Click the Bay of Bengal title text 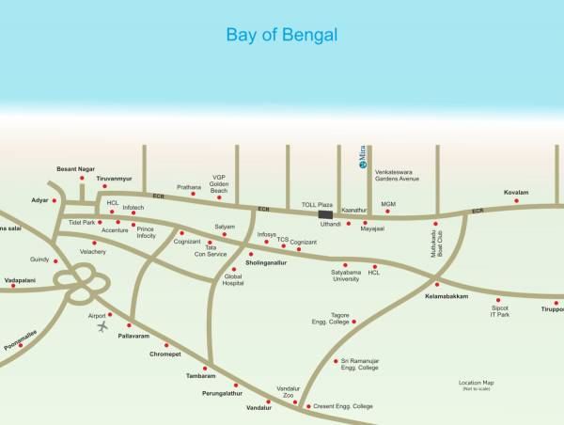click(x=282, y=36)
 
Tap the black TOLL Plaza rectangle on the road click(x=325, y=215)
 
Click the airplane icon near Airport click(x=102, y=327)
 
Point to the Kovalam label click(x=516, y=192)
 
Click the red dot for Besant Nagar click(x=82, y=178)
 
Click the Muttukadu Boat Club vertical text click(x=435, y=251)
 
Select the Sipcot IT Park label click(x=499, y=311)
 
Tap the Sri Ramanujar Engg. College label click(x=359, y=364)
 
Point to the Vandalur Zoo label click(x=288, y=392)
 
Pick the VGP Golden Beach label click(x=219, y=183)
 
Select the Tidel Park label click(x=82, y=223)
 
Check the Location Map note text click(x=476, y=385)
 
